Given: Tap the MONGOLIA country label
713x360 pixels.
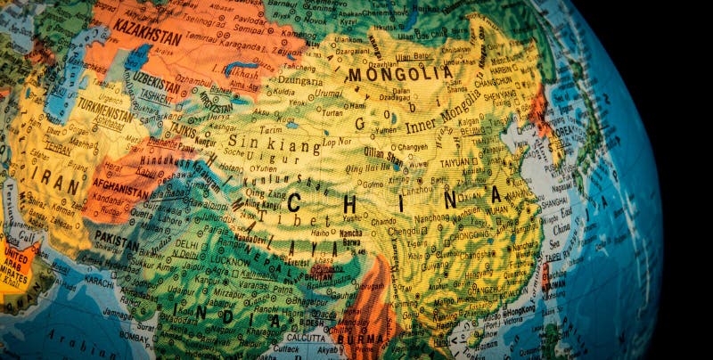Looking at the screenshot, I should click(399, 74).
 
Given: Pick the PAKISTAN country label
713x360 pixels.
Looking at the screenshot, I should click(118, 241).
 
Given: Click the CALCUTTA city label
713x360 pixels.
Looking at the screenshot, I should click(305, 338).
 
